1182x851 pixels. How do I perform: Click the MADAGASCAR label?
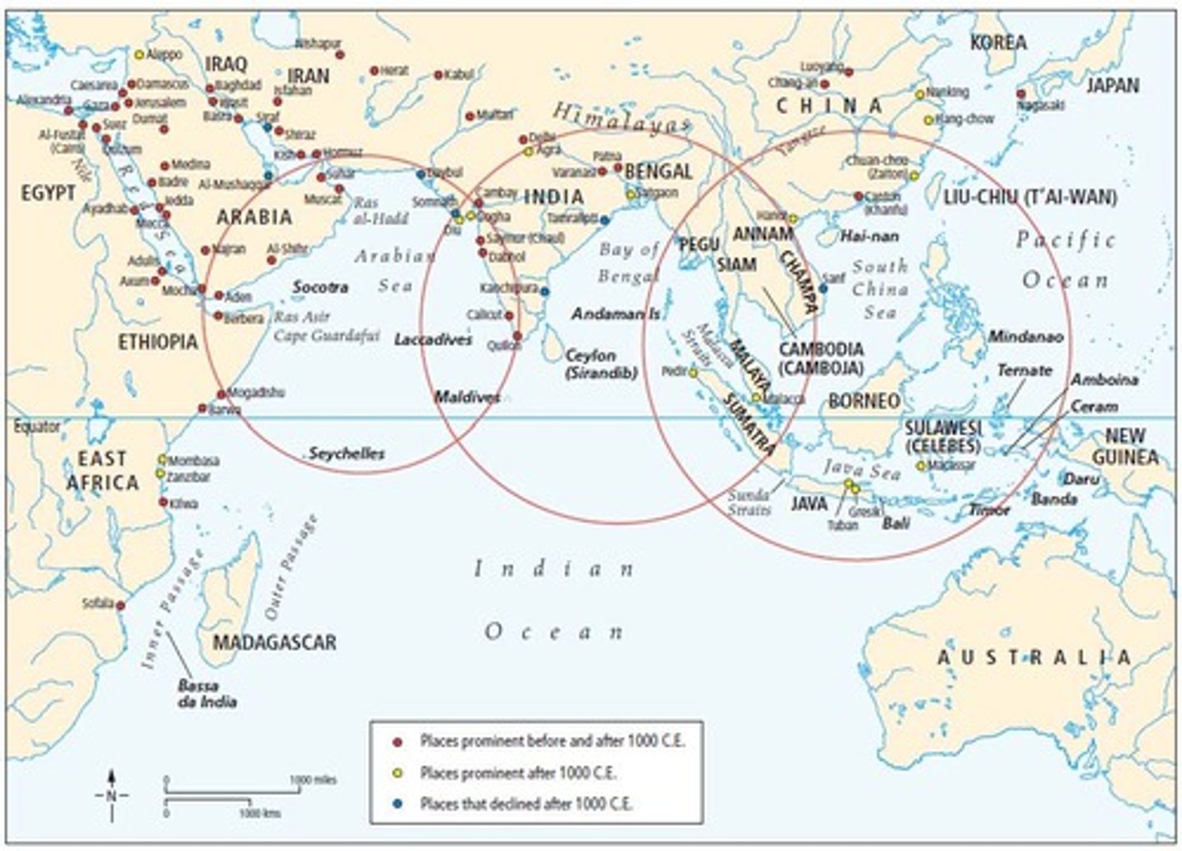pyautogui.click(x=274, y=642)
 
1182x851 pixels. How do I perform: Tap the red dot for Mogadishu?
pyautogui.click(x=221, y=394)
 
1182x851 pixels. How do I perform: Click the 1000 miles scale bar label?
pyautogui.click(x=313, y=780)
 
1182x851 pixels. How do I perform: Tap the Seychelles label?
pyautogui.click(x=346, y=453)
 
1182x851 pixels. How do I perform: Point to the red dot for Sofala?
pyautogui.click(x=120, y=605)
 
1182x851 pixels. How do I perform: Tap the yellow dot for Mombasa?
pyautogui.click(x=163, y=459)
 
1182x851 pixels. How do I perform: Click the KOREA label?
pyautogui.click(x=998, y=43)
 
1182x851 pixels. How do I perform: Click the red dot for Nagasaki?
pyautogui.click(x=1022, y=94)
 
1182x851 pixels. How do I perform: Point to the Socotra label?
pyautogui.click(x=320, y=287)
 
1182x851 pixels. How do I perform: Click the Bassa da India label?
pyautogui.click(x=207, y=692)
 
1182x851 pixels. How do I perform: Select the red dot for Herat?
pyautogui.click(x=373, y=71)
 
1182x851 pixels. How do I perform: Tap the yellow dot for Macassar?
pyautogui.click(x=922, y=466)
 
